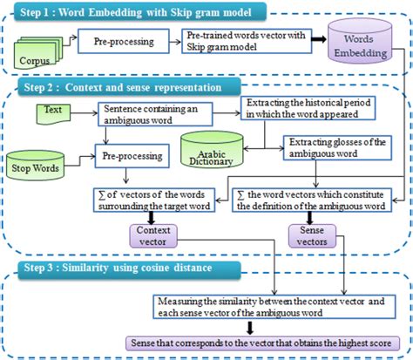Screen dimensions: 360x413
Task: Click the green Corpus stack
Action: tap(40, 58)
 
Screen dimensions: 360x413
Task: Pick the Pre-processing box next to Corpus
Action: tap(119, 42)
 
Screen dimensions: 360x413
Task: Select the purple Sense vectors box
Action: tap(310, 234)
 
